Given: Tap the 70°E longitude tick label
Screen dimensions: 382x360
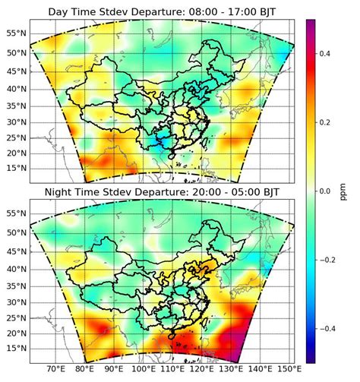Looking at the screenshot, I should point(55,370).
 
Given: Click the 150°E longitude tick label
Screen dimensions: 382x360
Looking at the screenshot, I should point(286,370).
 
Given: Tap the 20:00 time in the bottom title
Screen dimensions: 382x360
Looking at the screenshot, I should point(192,192).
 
